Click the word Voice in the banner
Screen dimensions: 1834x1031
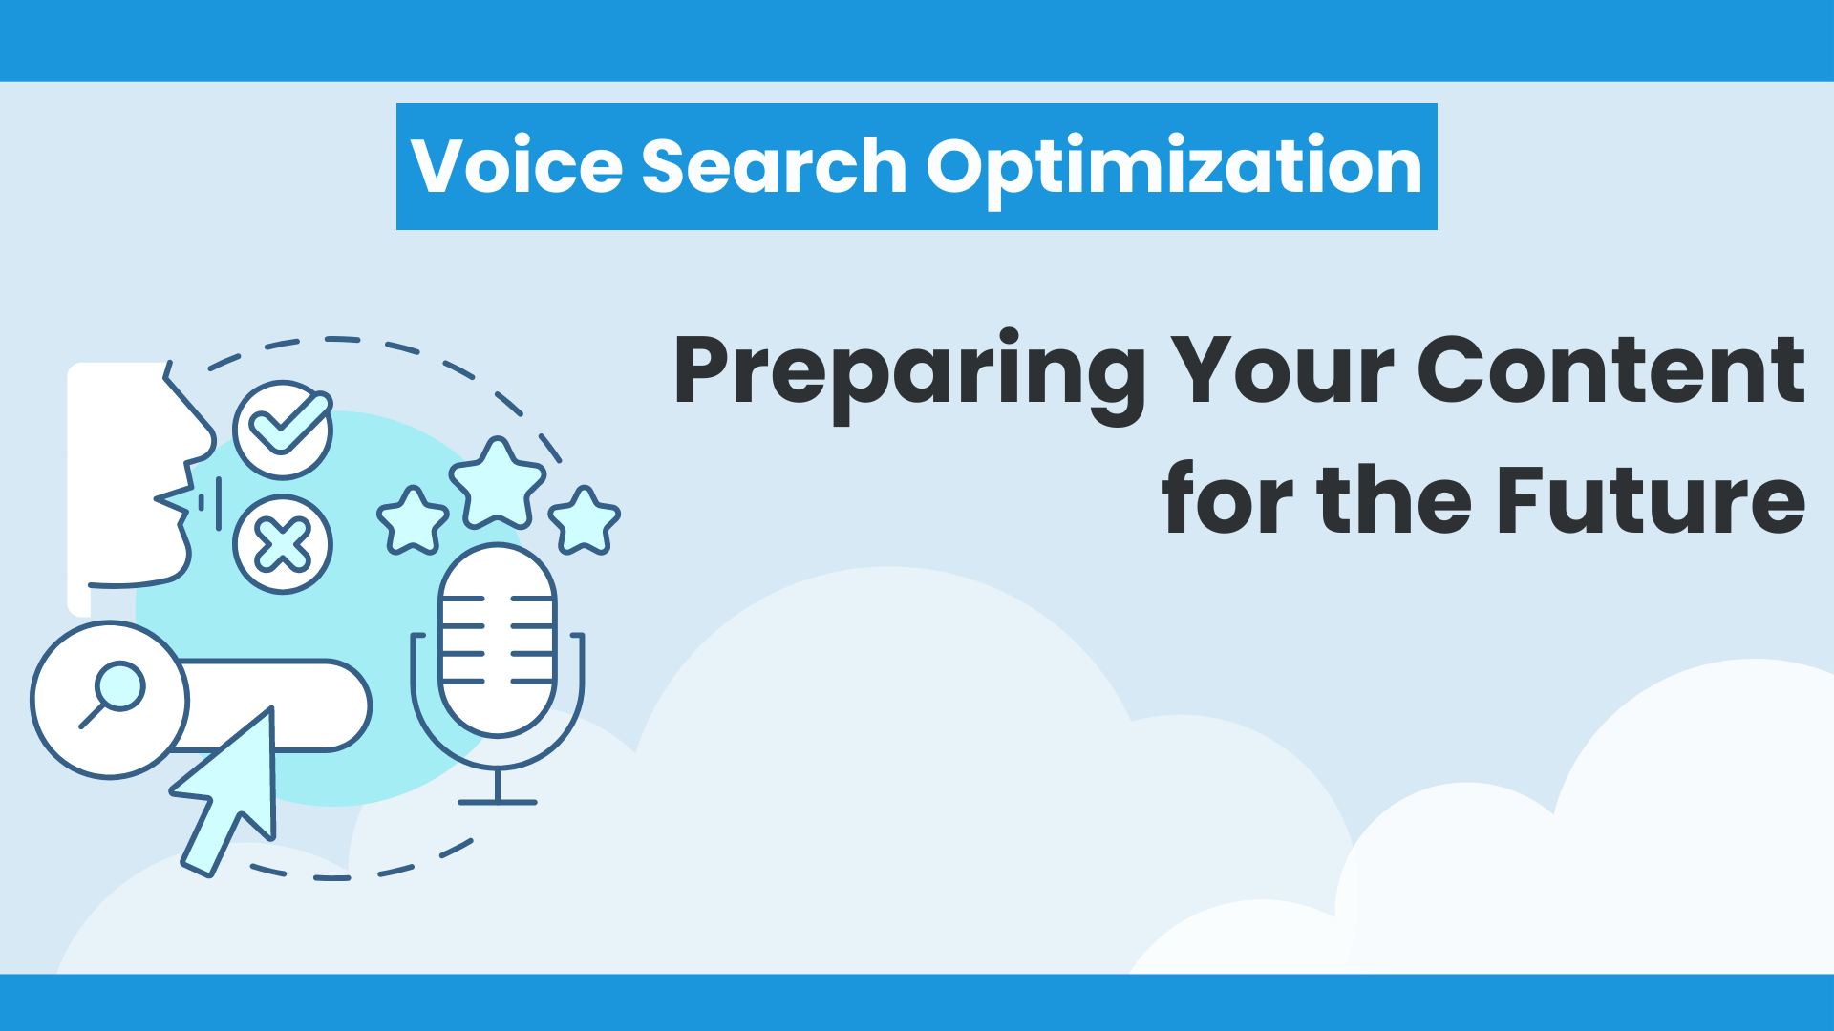click(517, 166)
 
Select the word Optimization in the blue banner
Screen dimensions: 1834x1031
click(1174, 170)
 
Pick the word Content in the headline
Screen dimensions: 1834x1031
click(1611, 370)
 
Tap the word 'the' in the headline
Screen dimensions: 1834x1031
click(1395, 498)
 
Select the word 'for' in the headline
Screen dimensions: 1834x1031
click(1226, 498)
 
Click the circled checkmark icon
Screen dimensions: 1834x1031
click(283, 430)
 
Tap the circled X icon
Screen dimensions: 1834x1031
click(283, 545)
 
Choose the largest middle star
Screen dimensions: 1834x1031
click(498, 484)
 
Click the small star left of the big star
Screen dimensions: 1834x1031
click(413, 521)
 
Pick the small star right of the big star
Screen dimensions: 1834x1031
click(585, 521)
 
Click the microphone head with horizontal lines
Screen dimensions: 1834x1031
click(498, 642)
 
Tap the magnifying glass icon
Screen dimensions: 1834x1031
click(114, 694)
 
